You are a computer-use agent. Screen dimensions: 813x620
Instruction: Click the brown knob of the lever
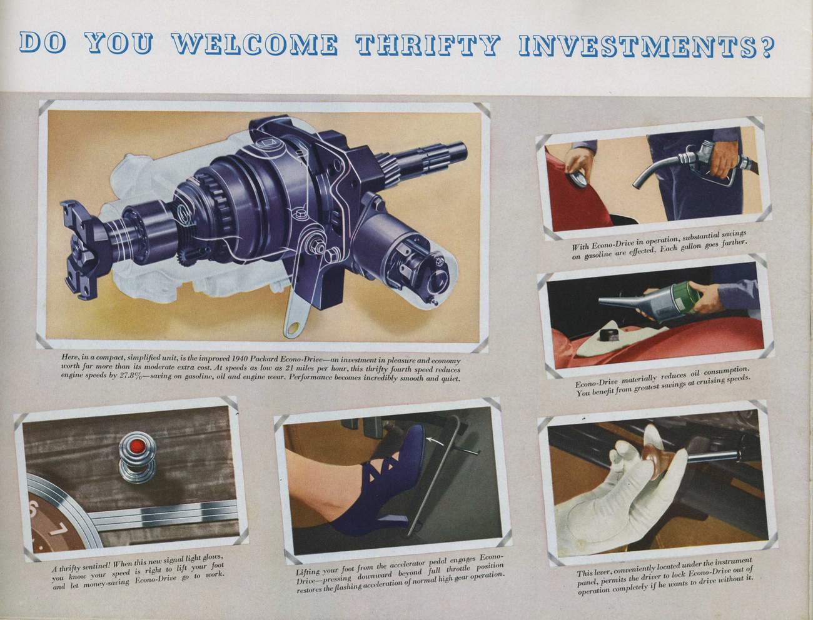(655, 457)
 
